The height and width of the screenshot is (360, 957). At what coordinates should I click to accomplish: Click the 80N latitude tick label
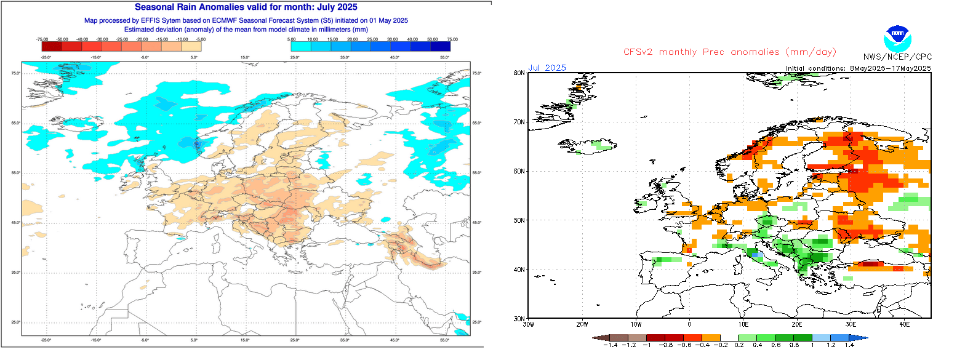[x=519, y=73]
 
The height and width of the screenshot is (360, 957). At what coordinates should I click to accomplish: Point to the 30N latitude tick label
[x=519, y=318]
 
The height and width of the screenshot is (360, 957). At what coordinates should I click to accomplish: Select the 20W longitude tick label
[x=582, y=324]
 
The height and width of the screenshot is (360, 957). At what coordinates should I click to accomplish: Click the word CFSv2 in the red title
[x=642, y=52]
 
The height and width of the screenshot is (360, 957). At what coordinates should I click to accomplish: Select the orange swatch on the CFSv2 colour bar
[x=711, y=338]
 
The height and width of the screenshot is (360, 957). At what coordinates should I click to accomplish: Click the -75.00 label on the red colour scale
[x=42, y=39]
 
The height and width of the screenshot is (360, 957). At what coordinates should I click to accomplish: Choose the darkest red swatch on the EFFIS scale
[x=51, y=46]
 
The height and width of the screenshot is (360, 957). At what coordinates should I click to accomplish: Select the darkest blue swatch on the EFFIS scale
[x=440, y=46]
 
